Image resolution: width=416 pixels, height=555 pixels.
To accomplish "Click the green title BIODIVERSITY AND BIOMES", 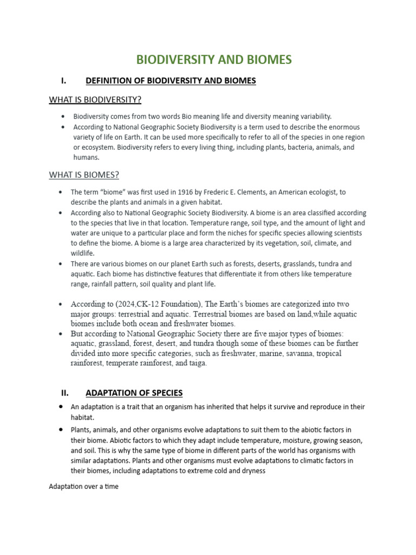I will (214, 60).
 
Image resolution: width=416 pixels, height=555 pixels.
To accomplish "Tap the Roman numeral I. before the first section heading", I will (63, 81).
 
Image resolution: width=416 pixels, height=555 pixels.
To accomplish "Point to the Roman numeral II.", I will (64, 393).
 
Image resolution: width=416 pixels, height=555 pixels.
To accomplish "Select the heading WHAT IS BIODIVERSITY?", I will (95, 100).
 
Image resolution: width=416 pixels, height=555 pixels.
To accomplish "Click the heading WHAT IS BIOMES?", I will (84, 175).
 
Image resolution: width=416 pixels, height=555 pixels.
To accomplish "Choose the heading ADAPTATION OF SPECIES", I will (134, 393).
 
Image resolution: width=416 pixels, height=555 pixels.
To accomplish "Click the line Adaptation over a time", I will (83, 486).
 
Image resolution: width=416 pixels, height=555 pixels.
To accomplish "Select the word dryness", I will (250, 470).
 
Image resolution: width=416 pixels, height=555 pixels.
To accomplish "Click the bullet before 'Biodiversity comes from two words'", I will (63, 117).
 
